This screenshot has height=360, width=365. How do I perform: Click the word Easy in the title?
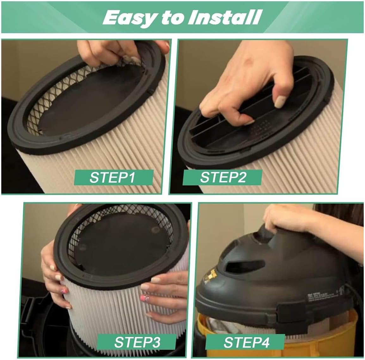pyautogui.click(x=130, y=17)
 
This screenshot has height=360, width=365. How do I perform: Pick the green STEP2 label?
pyautogui.click(x=222, y=177)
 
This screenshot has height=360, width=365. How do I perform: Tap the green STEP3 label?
pyautogui.click(x=136, y=342)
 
